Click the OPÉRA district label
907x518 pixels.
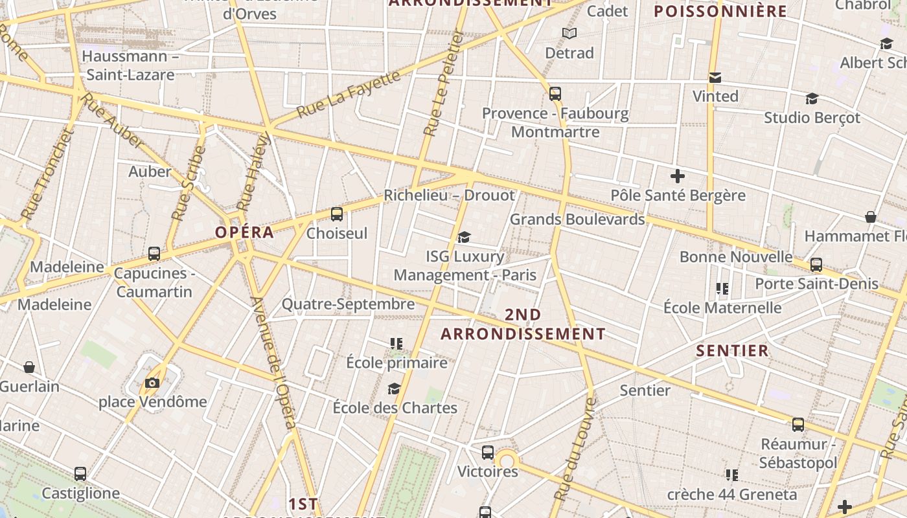[244, 232]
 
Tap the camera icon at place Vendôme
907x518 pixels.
[152, 383]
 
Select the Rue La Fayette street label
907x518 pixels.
[349, 95]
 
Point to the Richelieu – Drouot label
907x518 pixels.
[449, 195]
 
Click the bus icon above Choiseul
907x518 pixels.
[336, 214]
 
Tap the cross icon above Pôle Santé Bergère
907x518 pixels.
[678, 176]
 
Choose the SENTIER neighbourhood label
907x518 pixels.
[732, 351]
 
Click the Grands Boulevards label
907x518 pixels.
[577, 219]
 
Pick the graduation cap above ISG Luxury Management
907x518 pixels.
[464, 238]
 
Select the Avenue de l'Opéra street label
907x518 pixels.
[274, 363]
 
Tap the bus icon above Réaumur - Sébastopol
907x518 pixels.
[798, 425]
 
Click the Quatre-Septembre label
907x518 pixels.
[348, 304]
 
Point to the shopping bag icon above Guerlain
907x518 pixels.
[29, 368]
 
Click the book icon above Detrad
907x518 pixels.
[569, 34]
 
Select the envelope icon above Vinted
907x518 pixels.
[715, 78]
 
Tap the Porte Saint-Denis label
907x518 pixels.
[816, 284]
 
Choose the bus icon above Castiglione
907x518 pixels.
[80, 474]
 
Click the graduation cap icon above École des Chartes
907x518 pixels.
[394, 388]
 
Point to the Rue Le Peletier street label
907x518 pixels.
[444, 84]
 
